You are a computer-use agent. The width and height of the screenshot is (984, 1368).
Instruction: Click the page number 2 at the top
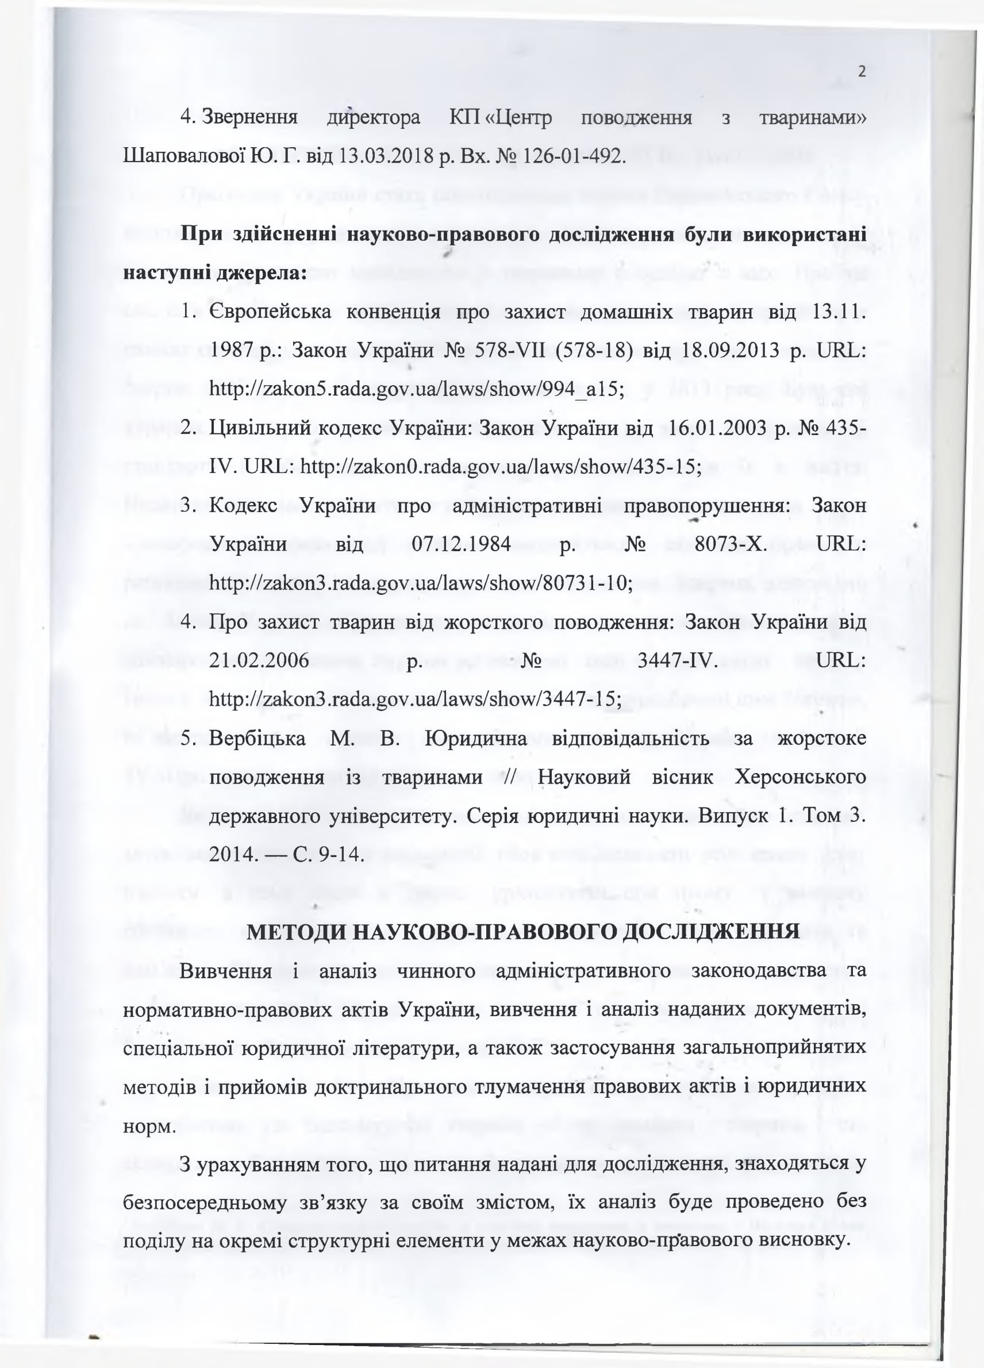(x=861, y=72)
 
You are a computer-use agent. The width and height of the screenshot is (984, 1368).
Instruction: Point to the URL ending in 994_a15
(x=415, y=390)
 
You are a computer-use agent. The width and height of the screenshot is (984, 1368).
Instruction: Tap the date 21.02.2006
(x=259, y=660)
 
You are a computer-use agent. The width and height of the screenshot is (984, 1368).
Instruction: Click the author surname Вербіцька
(x=257, y=738)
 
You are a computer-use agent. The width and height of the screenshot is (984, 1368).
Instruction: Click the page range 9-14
(x=339, y=854)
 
